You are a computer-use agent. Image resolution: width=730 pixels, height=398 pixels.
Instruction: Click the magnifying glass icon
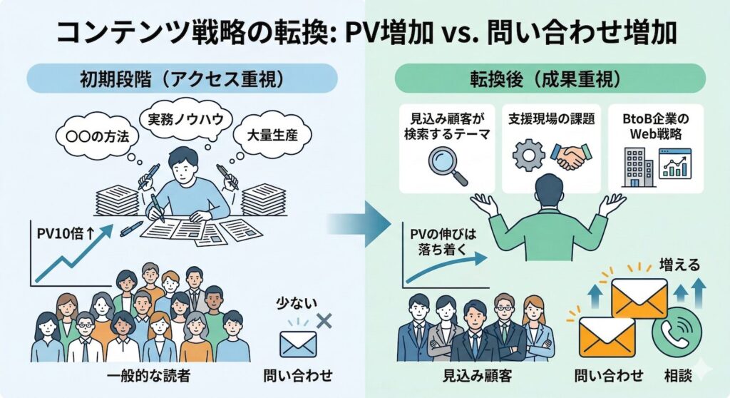pos(450,164)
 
